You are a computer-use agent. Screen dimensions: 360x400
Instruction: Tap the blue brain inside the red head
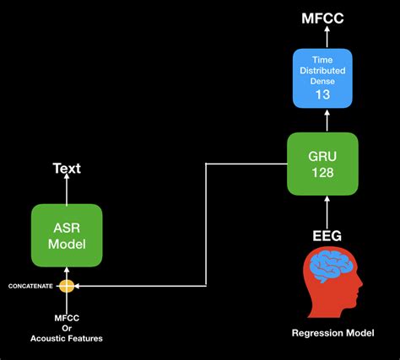click(x=322, y=270)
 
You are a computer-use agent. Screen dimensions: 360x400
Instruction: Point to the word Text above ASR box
click(x=67, y=169)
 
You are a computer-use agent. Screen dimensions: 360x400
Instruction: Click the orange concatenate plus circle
click(x=67, y=286)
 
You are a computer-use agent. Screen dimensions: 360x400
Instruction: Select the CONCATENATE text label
click(x=30, y=287)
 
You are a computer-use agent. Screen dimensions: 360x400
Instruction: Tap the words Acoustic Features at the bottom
click(x=67, y=339)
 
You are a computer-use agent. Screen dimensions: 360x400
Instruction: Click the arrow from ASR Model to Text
click(x=67, y=191)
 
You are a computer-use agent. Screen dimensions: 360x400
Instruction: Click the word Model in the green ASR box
click(x=67, y=244)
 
